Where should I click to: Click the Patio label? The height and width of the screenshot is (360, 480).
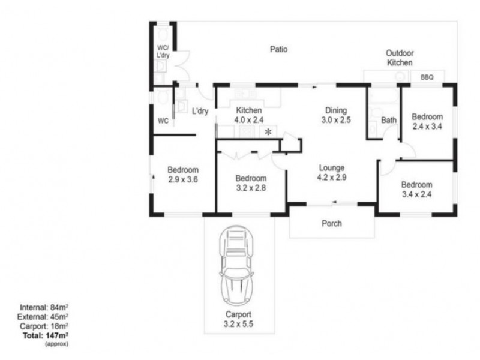278,49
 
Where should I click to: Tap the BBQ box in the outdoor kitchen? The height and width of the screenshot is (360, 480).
427,77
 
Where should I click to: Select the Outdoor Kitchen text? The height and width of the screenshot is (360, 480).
400,58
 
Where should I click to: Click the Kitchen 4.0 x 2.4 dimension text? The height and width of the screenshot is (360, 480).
249,120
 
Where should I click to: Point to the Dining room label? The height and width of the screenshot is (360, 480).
336,110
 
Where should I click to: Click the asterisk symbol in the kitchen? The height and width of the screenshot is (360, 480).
268,132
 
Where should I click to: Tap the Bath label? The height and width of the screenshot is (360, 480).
388,121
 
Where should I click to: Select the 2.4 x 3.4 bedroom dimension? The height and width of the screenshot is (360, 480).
427,127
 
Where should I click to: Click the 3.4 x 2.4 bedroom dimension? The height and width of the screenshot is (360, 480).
416,194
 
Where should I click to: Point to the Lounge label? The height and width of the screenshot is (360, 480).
332,168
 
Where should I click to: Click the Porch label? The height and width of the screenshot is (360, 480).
332,223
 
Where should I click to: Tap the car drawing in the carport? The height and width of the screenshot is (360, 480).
236,266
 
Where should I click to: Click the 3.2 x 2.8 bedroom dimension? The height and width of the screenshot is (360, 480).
251,188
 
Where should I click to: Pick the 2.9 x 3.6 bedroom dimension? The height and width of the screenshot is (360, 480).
183,179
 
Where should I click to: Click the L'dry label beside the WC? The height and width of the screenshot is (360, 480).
200,111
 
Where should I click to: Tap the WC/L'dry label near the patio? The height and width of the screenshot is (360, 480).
163,52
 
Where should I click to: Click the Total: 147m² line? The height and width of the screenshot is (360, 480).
46,336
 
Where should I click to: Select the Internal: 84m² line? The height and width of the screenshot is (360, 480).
44,307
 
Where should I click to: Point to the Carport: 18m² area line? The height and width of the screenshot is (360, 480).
44,326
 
